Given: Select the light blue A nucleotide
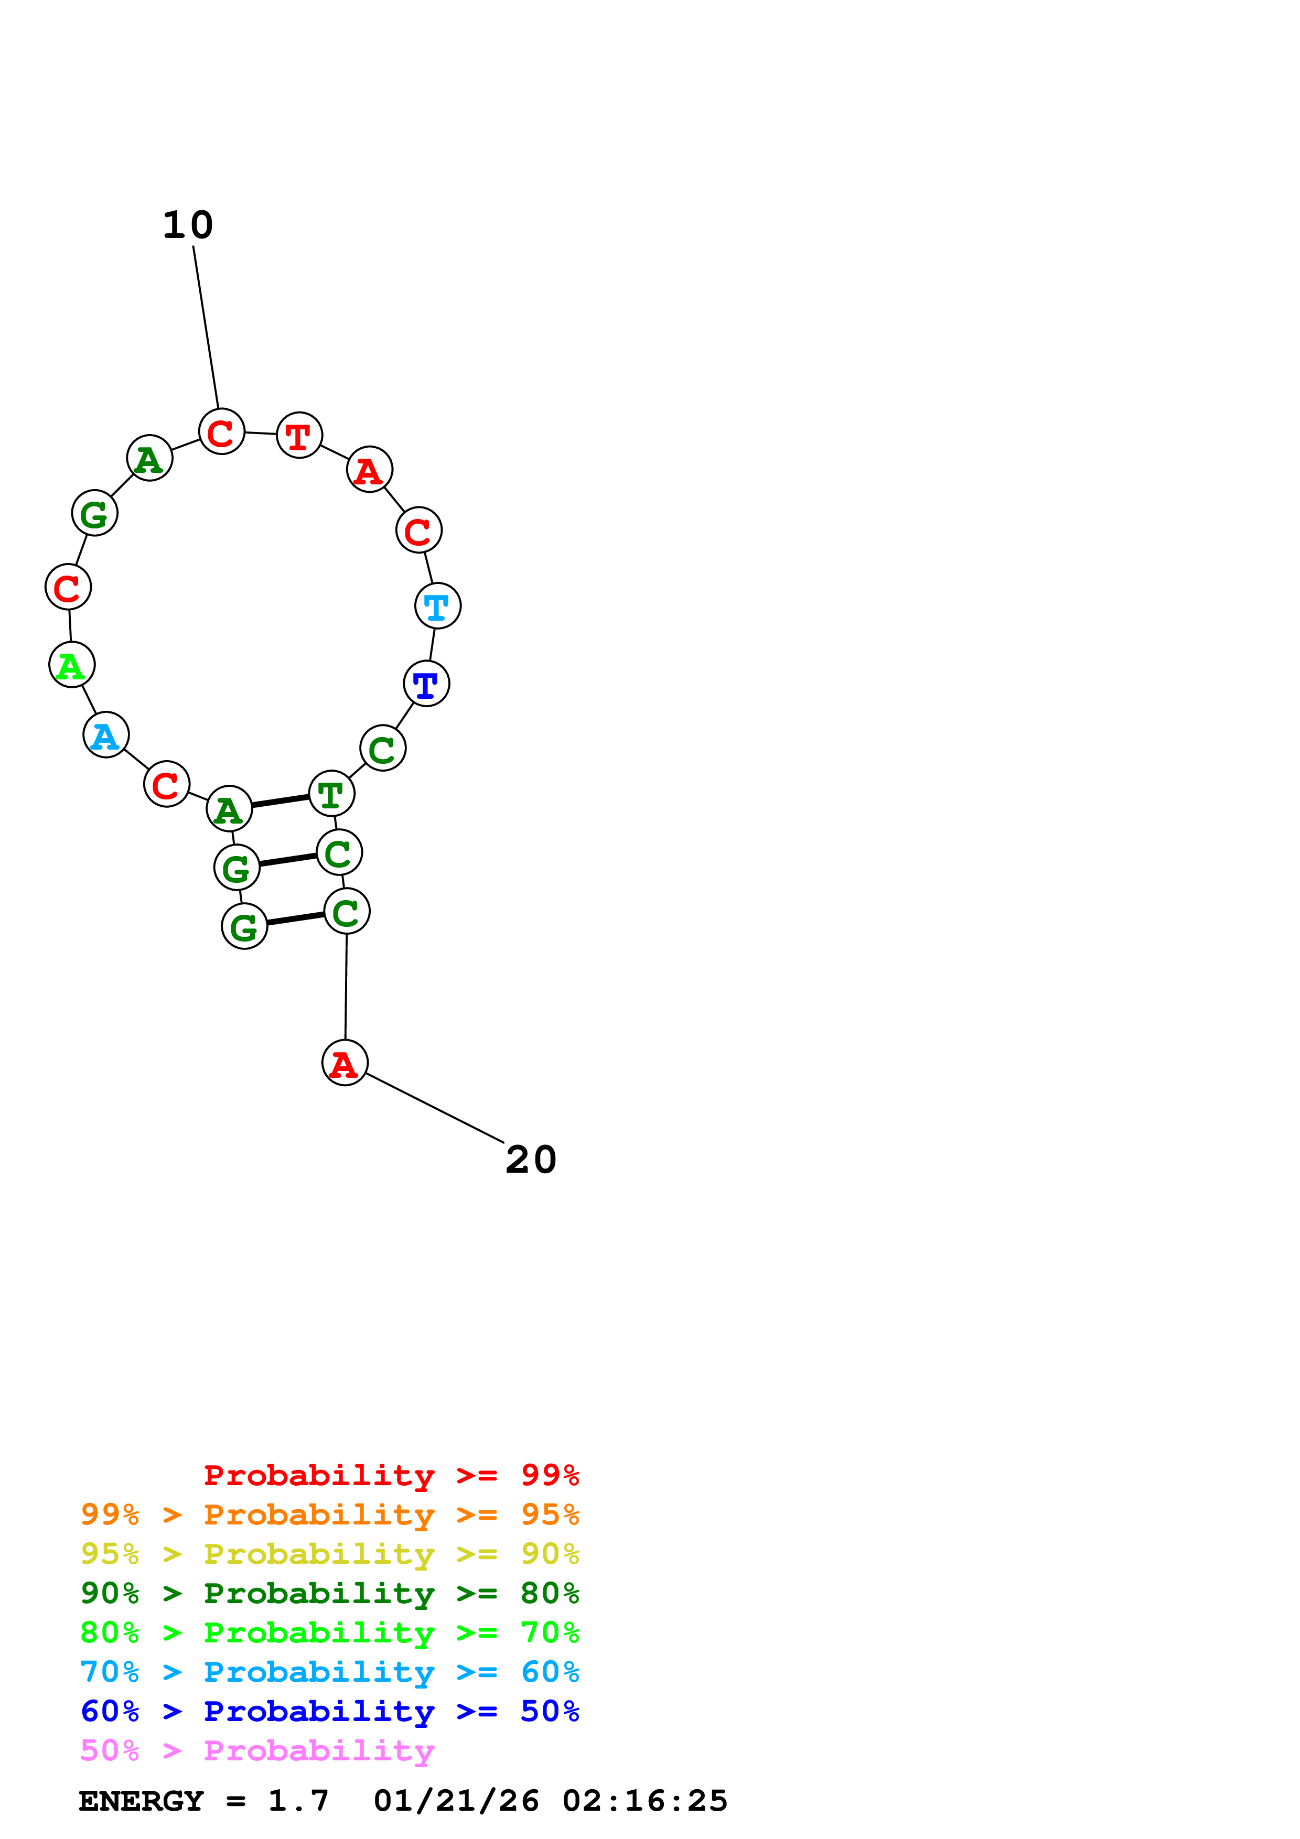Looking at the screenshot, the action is click(106, 734).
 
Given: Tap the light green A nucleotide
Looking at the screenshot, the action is click(71, 665).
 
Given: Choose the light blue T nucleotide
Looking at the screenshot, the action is click(437, 607).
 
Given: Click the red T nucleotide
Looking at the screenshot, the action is click(299, 436).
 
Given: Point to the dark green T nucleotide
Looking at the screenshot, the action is click(331, 794).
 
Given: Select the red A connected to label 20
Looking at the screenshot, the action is click(345, 1063).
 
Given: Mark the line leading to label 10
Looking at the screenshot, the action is click(206, 328).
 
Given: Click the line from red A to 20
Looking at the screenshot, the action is click(435, 1109).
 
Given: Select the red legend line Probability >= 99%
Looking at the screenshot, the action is click(392, 1475).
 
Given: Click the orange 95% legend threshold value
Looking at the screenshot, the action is click(550, 1514).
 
